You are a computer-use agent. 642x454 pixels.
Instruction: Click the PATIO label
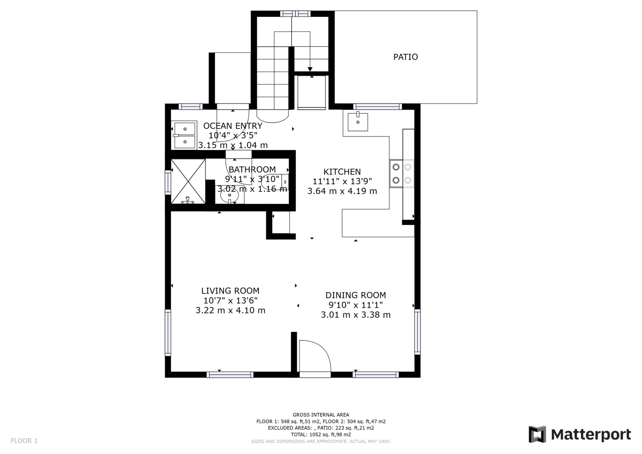click(x=405, y=57)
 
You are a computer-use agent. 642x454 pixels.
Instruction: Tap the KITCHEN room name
click(x=342, y=172)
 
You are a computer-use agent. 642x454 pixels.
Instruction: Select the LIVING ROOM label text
click(x=230, y=291)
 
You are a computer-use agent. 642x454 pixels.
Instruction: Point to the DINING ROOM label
click(x=356, y=295)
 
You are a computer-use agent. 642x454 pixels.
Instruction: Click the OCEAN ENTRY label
click(x=233, y=126)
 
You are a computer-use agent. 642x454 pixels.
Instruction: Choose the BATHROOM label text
click(x=252, y=169)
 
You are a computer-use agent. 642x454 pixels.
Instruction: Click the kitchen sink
click(x=358, y=122)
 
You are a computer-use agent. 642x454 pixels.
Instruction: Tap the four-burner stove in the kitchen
click(x=402, y=174)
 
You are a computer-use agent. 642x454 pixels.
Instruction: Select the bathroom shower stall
click(x=188, y=181)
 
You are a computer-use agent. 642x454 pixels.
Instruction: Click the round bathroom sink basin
click(x=229, y=196)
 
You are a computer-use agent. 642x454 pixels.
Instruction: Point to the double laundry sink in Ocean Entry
click(x=184, y=135)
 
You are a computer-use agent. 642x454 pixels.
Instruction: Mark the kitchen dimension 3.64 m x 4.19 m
click(x=342, y=191)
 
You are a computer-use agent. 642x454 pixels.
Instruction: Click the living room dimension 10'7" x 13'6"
click(x=230, y=301)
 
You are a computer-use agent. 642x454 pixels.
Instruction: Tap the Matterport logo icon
click(x=537, y=434)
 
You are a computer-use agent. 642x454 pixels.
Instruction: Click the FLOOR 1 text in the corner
click(x=24, y=441)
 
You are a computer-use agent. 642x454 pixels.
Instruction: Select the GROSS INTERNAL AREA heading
click(x=321, y=415)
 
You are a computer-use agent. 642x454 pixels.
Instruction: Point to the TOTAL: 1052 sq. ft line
click(x=321, y=435)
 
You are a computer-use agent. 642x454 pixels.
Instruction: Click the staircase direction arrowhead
click(x=310, y=69)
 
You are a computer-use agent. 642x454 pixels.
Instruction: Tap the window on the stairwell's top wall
click(x=295, y=14)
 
